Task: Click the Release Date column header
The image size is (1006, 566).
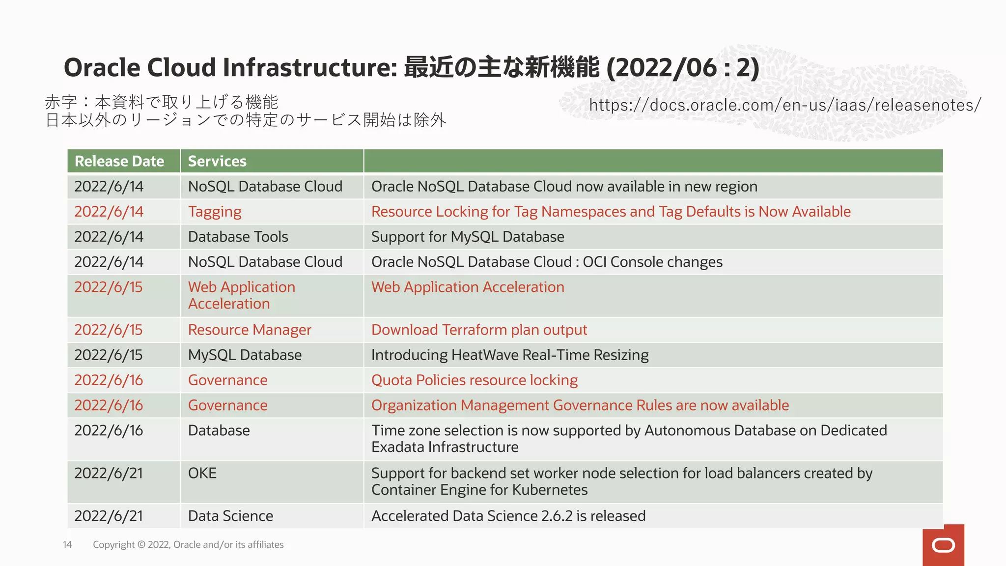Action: coord(119,161)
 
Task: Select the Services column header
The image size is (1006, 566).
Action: coord(217,161)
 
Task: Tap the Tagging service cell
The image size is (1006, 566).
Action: coord(215,212)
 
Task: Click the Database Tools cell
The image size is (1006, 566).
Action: coord(238,237)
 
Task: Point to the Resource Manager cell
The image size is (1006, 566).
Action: coord(250,330)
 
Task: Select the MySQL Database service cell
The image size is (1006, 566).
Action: coord(245,355)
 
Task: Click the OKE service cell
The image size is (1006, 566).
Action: coord(202,473)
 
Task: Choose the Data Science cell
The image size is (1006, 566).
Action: coord(230,516)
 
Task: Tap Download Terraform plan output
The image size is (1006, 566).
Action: coord(479,330)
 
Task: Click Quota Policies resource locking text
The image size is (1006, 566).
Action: coord(475,380)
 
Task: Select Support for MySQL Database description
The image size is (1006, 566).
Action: coord(468,237)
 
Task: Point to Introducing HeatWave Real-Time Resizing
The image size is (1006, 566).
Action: coord(510,355)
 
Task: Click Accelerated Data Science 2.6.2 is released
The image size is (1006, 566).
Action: coord(508,516)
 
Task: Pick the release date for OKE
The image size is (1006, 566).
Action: coord(109,473)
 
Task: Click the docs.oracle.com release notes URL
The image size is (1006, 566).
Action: coord(784,105)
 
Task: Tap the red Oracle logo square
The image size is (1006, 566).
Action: coord(943,545)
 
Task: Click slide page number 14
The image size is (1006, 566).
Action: coord(67,544)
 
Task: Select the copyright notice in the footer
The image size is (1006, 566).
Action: coord(188,544)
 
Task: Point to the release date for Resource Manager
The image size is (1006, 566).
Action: coord(109,330)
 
